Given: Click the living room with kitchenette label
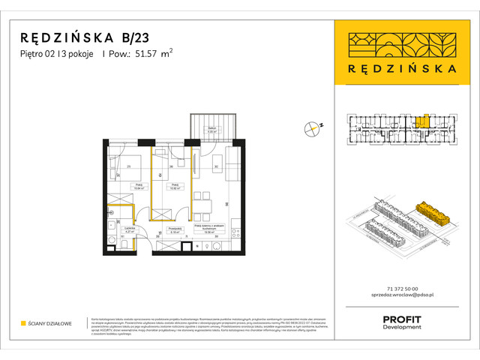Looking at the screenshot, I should tap(210, 230).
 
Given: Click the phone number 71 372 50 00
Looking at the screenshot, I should tap(405, 289).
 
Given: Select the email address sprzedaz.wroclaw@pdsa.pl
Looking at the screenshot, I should tap(405, 296).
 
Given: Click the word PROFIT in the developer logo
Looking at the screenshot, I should tap(402, 319).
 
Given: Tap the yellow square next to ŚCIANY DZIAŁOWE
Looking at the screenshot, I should tap(23, 324).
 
